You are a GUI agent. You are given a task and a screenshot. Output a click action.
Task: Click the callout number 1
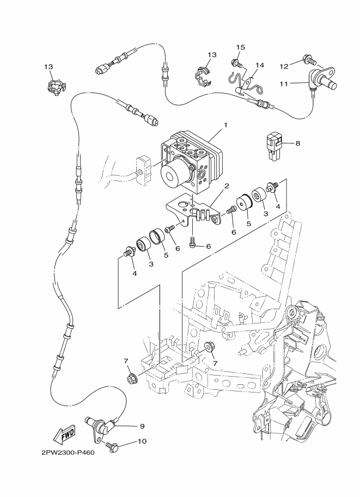coord(225,125)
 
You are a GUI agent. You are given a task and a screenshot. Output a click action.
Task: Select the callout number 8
coord(298,144)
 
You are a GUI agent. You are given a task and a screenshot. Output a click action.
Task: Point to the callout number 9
coord(142,426)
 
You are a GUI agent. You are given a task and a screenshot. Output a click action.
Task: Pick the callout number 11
coord(284,83)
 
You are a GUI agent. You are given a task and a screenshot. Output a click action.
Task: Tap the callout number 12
coord(284,66)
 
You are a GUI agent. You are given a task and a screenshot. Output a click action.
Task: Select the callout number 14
coord(260,65)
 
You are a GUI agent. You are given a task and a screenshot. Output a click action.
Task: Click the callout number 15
coord(241,48)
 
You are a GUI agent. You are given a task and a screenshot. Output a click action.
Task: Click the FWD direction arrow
coord(64,434)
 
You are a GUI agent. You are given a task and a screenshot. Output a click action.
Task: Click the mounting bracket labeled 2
coord(196,213)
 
